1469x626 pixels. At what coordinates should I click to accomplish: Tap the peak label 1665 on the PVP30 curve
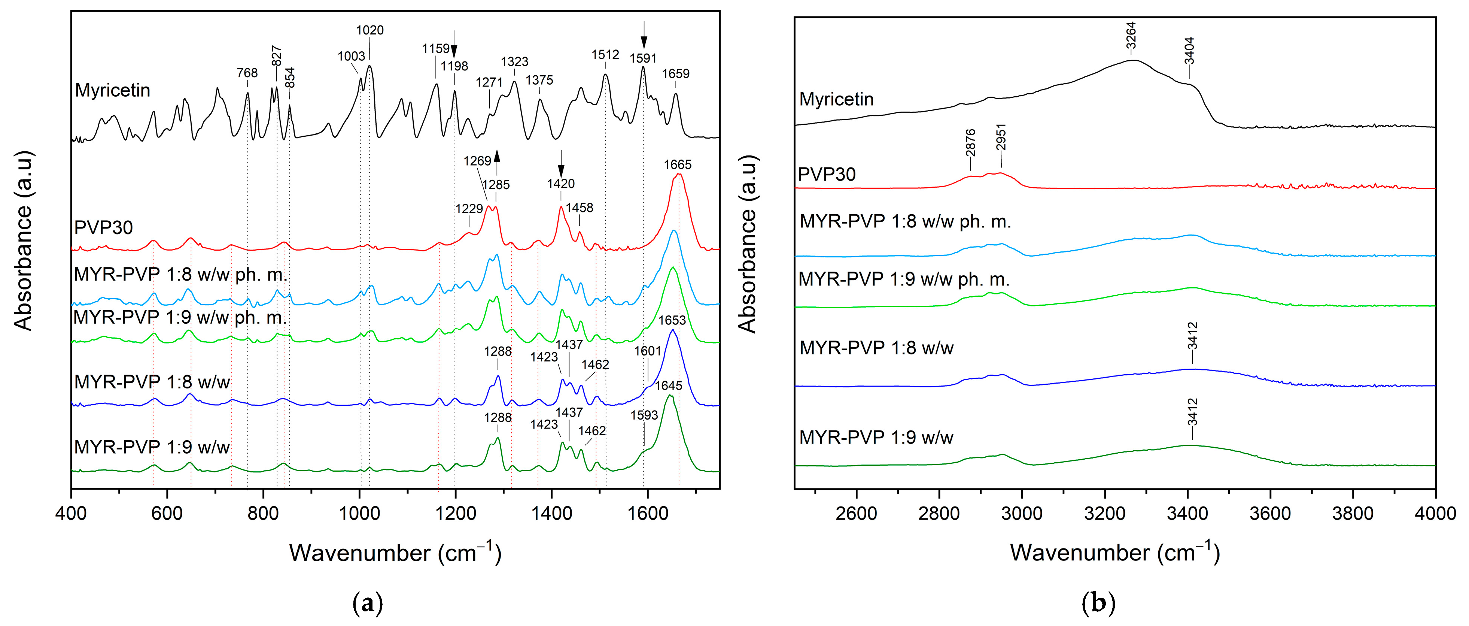(x=678, y=165)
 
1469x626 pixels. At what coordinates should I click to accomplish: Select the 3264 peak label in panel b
(x=1131, y=35)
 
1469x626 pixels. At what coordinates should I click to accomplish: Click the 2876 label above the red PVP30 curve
(x=971, y=143)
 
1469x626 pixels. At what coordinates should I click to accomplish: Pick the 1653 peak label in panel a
(x=672, y=321)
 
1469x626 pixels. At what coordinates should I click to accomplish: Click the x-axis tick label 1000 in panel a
(x=359, y=513)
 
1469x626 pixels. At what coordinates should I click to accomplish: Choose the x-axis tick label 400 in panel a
(x=71, y=513)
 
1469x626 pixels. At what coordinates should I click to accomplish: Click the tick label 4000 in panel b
(x=1435, y=513)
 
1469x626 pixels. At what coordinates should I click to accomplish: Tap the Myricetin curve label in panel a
(x=112, y=90)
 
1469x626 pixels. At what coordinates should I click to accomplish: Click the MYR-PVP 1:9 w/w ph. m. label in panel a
(x=180, y=317)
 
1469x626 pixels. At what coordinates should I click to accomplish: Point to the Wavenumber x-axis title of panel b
(x=1114, y=553)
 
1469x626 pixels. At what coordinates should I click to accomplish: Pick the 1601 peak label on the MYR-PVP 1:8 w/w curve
(x=647, y=351)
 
